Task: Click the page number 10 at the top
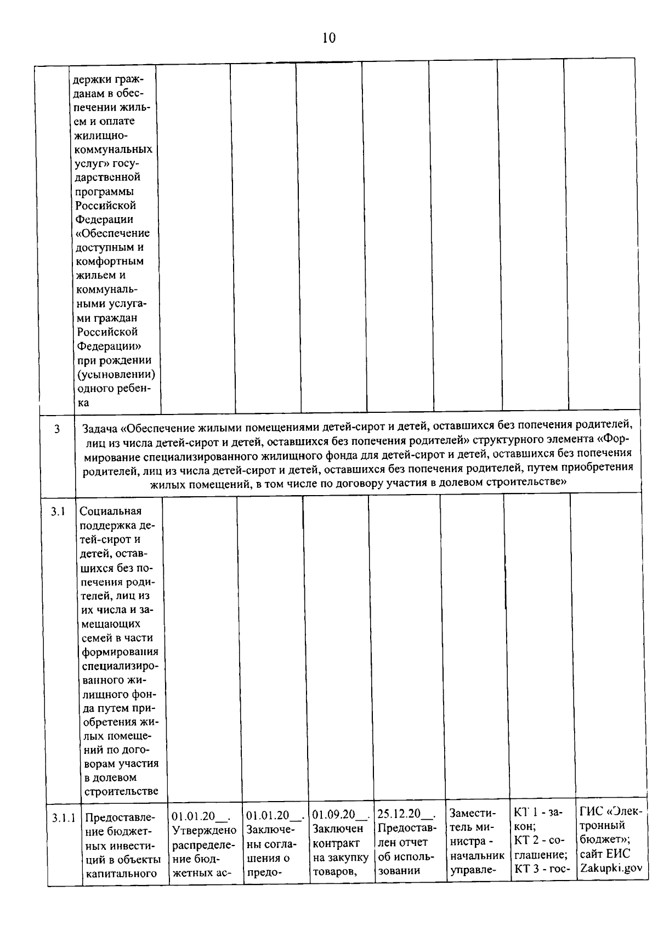click(x=329, y=38)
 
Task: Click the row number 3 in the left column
click(x=57, y=429)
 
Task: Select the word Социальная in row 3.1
click(x=111, y=512)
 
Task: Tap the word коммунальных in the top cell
click(x=114, y=149)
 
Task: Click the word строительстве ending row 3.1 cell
click(x=121, y=792)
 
